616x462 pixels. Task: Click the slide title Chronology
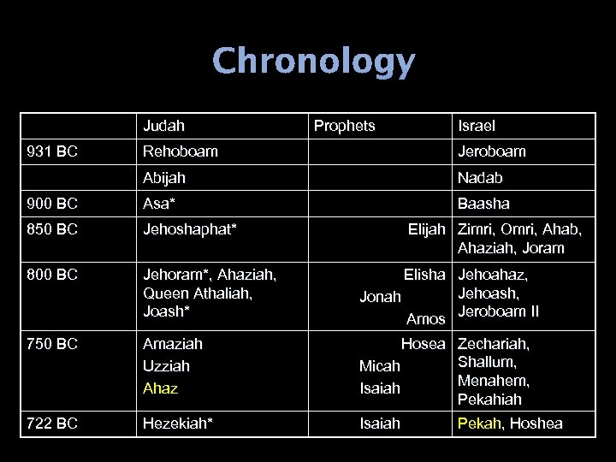pos(313,62)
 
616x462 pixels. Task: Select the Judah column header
pos(163,126)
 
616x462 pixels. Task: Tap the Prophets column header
pos(344,126)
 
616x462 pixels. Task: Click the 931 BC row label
pos(52,151)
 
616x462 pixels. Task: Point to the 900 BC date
pos(52,204)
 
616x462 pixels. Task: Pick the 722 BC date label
pos(52,423)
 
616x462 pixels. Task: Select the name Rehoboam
pos(180,151)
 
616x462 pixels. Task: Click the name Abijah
pos(164,178)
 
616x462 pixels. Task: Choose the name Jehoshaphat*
pos(189,229)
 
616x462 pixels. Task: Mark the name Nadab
pos(480,178)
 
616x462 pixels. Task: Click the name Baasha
pos(483,204)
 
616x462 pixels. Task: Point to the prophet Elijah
pos(426,229)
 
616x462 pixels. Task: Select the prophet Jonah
pos(380,298)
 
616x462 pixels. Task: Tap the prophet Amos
pos(425,319)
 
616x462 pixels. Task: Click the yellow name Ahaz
pos(160,388)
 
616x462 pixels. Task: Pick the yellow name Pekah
pos(477,423)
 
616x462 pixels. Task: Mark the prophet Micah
pos(379,366)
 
